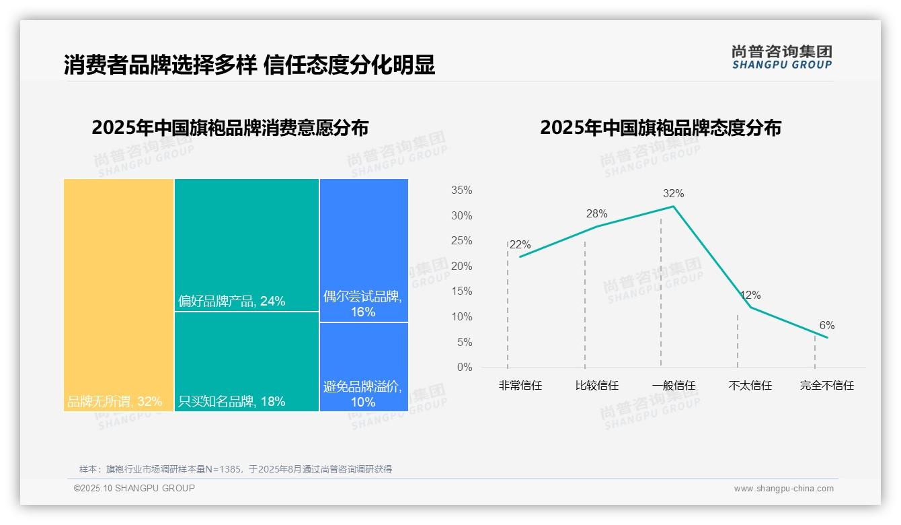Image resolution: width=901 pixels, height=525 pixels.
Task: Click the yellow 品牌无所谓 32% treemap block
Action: [x=119, y=294]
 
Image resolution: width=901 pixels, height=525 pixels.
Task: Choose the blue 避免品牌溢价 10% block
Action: [x=364, y=367]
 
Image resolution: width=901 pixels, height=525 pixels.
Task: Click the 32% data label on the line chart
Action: [x=673, y=194]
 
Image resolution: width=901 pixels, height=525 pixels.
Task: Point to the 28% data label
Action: [x=596, y=214]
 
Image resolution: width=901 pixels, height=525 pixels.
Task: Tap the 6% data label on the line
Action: [x=826, y=326]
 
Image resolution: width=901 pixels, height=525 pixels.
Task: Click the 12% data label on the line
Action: [x=750, y=295]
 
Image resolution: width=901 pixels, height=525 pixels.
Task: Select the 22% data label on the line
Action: [x=520, y=245]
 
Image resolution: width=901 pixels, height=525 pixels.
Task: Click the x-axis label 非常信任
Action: [x=520, y=386]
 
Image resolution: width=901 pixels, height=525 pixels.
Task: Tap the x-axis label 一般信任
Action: [x=674, y=386]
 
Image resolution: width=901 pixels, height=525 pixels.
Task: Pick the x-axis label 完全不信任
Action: [x=826, y=386]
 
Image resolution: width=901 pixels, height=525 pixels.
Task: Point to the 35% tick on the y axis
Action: [x=462, y=190]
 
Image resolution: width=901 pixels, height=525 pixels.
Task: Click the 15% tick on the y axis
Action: [x=462, y=291]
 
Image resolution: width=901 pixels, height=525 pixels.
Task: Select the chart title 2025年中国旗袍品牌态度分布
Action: [x=660, y=128]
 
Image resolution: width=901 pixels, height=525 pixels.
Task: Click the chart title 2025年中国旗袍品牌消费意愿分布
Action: [x=230, y=128]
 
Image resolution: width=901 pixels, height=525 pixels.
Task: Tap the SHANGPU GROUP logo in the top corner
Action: [x=781, y=57]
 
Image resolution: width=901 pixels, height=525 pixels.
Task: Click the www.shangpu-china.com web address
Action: [x=783, y=489]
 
